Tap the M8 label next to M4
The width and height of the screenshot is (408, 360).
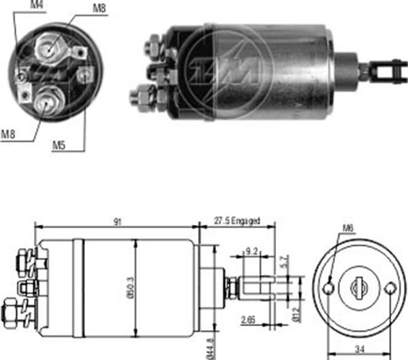point(99,9)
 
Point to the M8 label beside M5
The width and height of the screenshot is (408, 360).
point(9,134)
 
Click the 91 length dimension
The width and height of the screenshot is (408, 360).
point(118,221)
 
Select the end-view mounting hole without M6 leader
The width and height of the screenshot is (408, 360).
point(389,288)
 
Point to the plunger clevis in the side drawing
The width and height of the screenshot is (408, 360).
point(258,287)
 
